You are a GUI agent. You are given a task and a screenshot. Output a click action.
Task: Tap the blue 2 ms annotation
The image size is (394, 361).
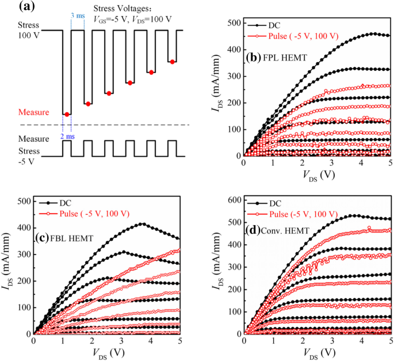coord(67,136)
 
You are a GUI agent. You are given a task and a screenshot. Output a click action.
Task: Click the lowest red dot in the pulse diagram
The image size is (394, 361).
coord(67,114)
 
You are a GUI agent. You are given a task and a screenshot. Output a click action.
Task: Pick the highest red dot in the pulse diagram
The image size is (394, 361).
coord(171,61)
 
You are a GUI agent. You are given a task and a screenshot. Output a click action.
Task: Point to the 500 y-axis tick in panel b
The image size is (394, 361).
coord(232,23)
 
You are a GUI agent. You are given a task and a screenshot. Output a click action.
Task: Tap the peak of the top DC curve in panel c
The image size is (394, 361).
coord(141,224)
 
